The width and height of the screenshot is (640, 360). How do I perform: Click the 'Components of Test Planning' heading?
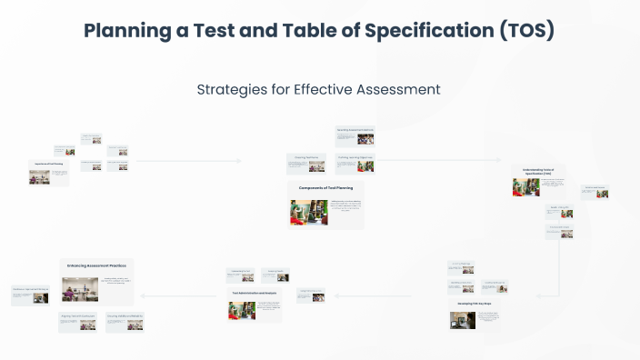point(326,188)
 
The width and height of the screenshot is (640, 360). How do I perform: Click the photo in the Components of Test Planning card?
point(303,213)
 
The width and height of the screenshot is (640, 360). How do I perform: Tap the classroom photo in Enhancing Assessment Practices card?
point(80,290)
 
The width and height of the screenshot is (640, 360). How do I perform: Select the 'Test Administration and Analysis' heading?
point(255,293)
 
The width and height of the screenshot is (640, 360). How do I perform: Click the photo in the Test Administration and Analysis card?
point(242,310)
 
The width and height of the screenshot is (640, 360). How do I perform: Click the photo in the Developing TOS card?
point(463,320)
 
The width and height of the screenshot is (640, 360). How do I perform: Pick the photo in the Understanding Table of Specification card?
point(525,187)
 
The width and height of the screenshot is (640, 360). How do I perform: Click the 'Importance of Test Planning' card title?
point(49,165)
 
